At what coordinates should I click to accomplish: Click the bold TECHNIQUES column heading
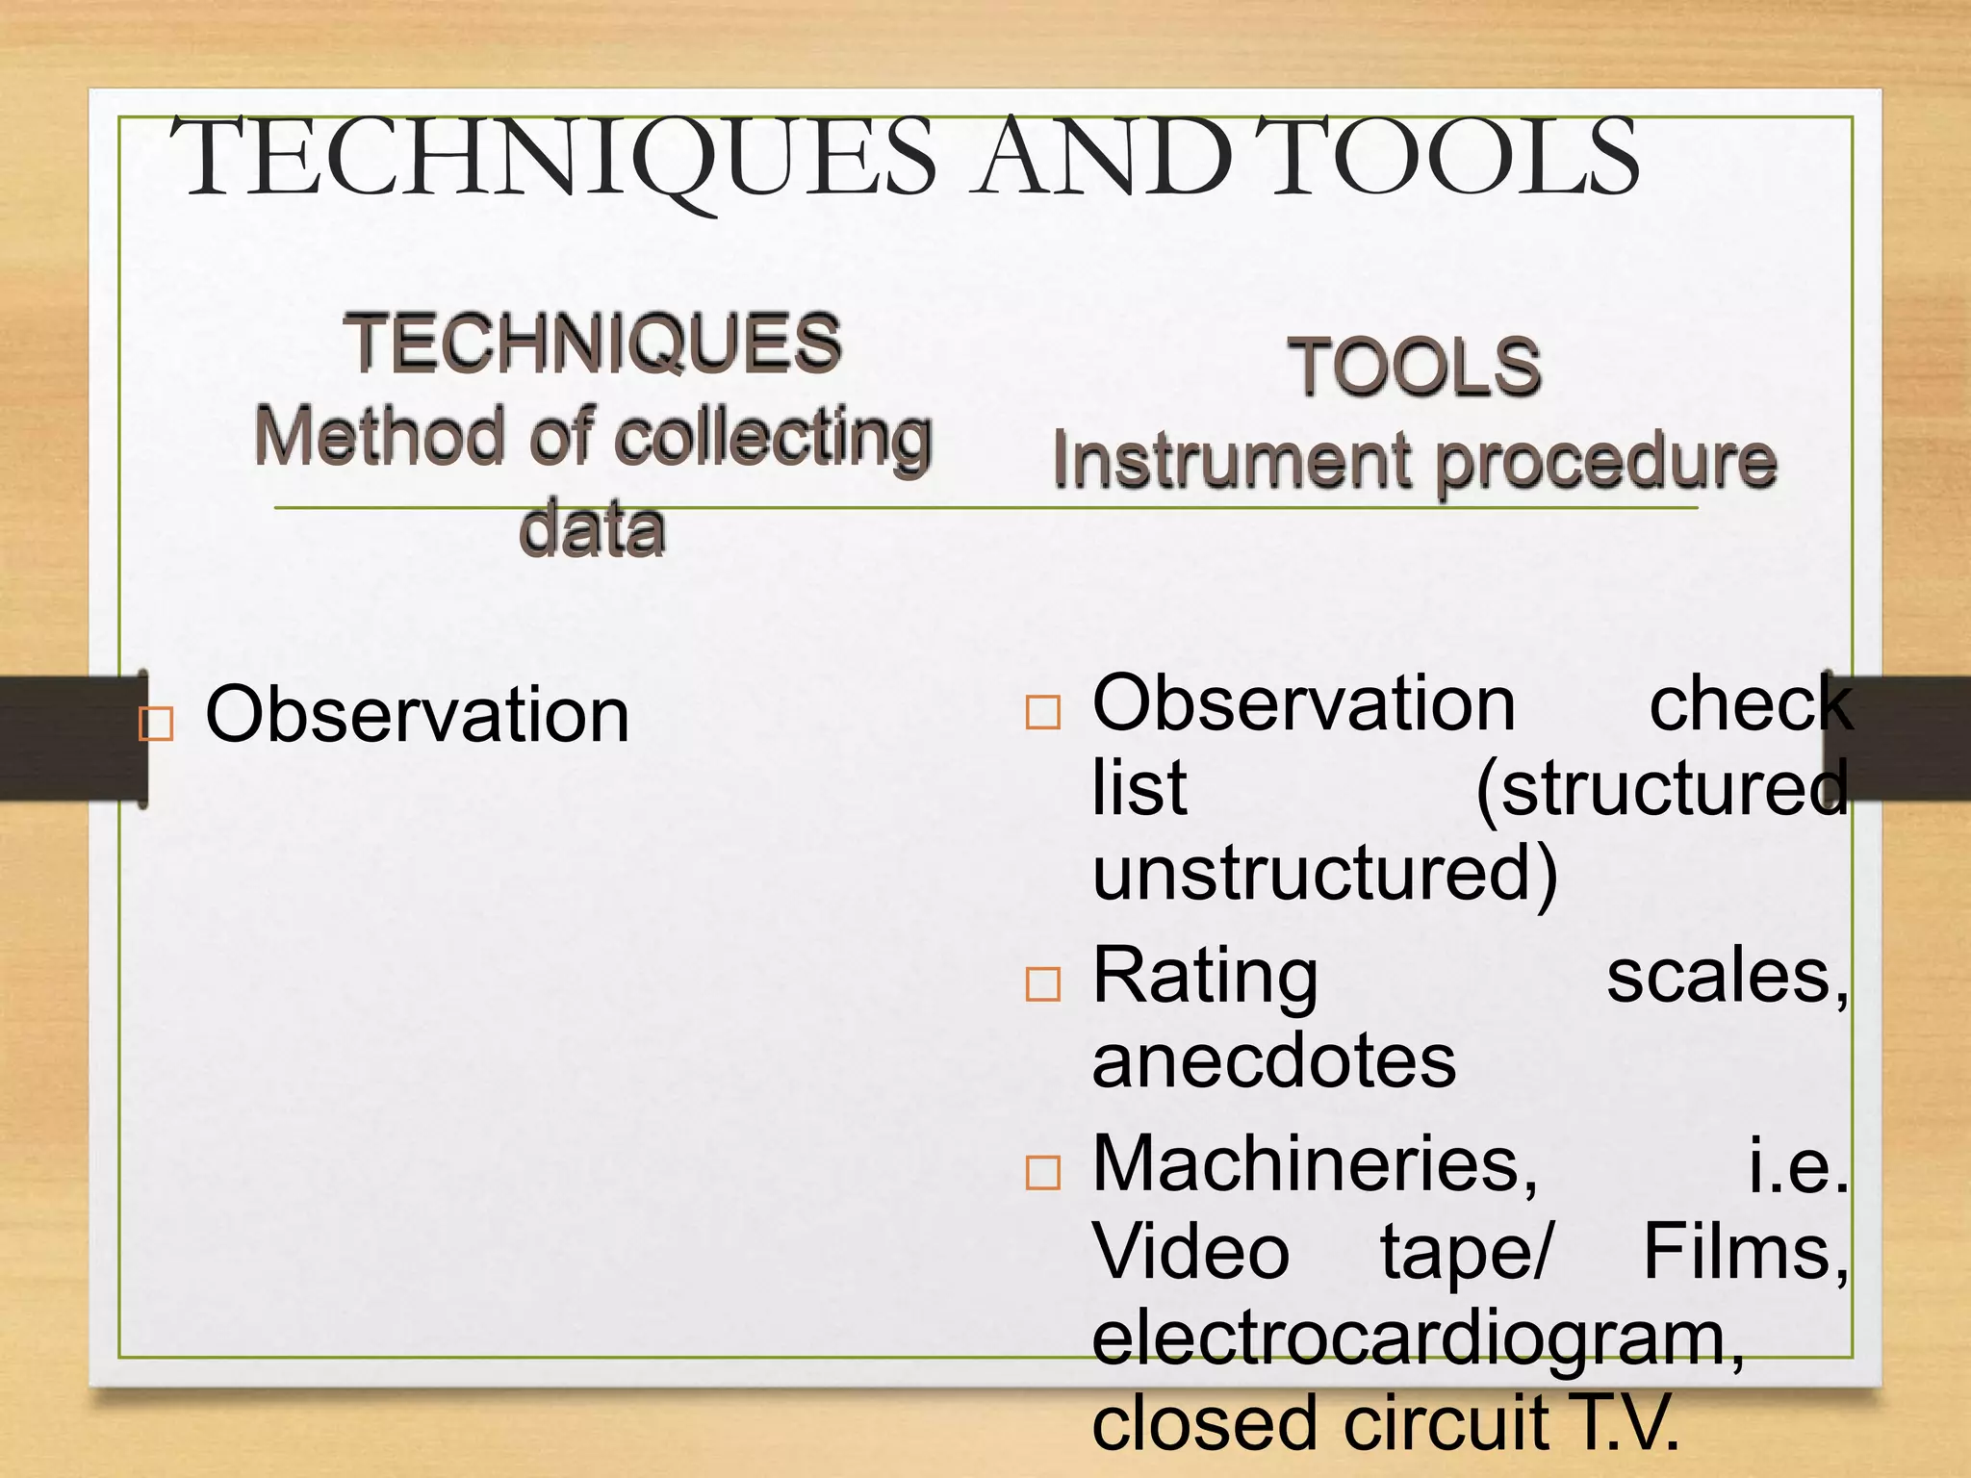593,344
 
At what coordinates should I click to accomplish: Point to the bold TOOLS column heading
1415,368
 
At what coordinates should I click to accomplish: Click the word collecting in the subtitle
774,438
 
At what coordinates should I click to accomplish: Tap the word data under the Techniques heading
592,528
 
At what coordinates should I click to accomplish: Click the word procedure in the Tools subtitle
1606,463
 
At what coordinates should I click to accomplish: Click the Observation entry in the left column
418,715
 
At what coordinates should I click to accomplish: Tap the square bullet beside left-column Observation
156,723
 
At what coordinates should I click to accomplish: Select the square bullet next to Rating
1043,984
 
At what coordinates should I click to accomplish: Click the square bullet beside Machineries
1043,1173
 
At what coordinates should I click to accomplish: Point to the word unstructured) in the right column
1324,872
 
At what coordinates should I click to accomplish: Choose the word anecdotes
1274,1060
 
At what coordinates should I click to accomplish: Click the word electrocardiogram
1418,1339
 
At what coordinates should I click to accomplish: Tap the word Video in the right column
1190,1252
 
